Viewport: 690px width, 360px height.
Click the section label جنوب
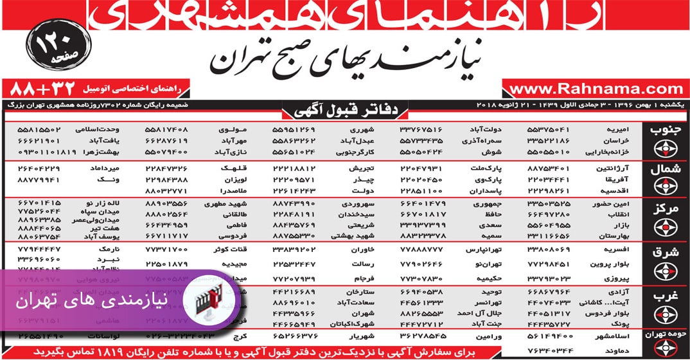(x=668, y=129)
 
